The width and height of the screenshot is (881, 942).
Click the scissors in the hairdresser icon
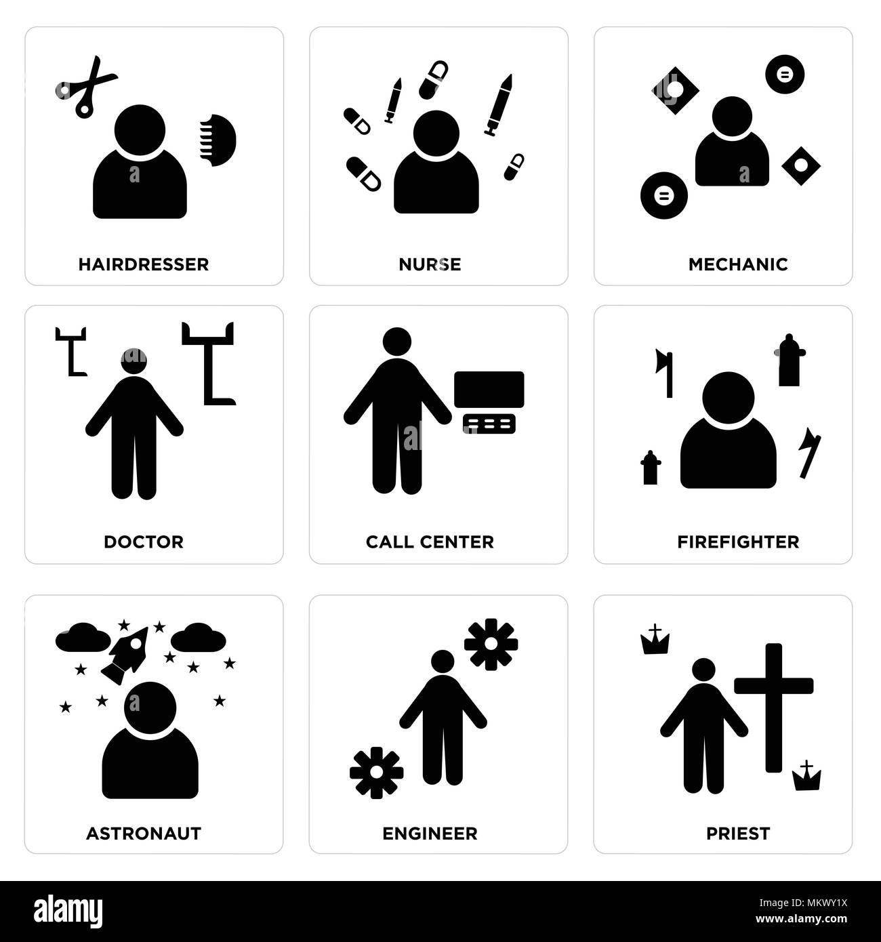(86, 86)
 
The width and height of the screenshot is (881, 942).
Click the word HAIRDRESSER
(144, 264)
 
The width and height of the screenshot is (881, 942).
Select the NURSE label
(430, 264)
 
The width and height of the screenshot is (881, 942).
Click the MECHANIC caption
(738, 264)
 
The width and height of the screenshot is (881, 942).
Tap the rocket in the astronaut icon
(125, 652)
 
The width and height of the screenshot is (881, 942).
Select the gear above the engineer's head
(491, 644)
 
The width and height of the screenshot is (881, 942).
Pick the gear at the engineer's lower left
(377, 773)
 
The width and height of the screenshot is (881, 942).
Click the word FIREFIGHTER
(738, 542)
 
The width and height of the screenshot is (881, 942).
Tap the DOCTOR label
(144, 542)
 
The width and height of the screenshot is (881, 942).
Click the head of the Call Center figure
(397, 342)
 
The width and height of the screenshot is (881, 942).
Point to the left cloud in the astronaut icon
(83, 637)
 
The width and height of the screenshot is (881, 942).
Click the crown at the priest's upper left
(655, 640)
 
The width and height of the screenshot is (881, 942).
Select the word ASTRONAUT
(144, 834)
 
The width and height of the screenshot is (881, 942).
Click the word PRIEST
(738, 834)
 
